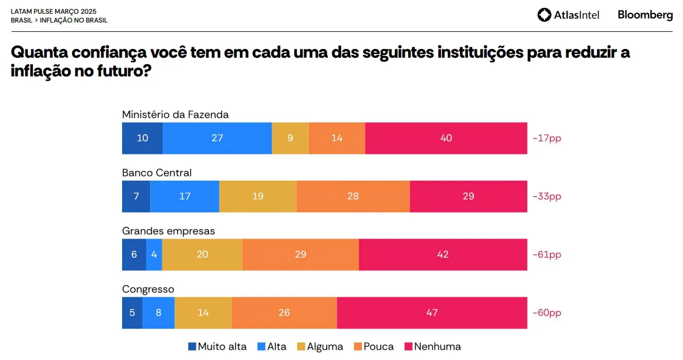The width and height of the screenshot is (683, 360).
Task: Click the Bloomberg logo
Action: pos(645,15)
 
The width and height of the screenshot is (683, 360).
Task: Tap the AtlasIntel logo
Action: pos(568,15)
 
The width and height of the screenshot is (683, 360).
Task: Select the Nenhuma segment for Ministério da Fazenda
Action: pos(446,138)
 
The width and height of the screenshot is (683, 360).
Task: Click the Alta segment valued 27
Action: pos(217,138)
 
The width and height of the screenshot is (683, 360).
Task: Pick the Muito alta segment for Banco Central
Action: pos(136,196)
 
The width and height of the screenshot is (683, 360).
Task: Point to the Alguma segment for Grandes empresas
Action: pos(202,254)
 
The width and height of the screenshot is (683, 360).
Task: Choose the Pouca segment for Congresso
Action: pos(284,313)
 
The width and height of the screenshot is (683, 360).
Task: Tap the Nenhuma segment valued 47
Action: pos(432,313)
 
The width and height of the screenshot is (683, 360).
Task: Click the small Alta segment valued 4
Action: pos(154,254)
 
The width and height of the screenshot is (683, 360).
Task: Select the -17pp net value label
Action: pos(547,138)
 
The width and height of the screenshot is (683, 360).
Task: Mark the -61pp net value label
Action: pos(547,254)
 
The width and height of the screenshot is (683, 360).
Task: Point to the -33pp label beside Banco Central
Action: pos(547,196)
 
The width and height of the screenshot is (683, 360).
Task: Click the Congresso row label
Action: pos(148,289)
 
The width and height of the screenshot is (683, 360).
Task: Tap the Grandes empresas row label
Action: pos(168,231)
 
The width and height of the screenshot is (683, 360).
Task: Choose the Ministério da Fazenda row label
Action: pos(175,114)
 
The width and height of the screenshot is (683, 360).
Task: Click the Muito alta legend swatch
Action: pos(192,346)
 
